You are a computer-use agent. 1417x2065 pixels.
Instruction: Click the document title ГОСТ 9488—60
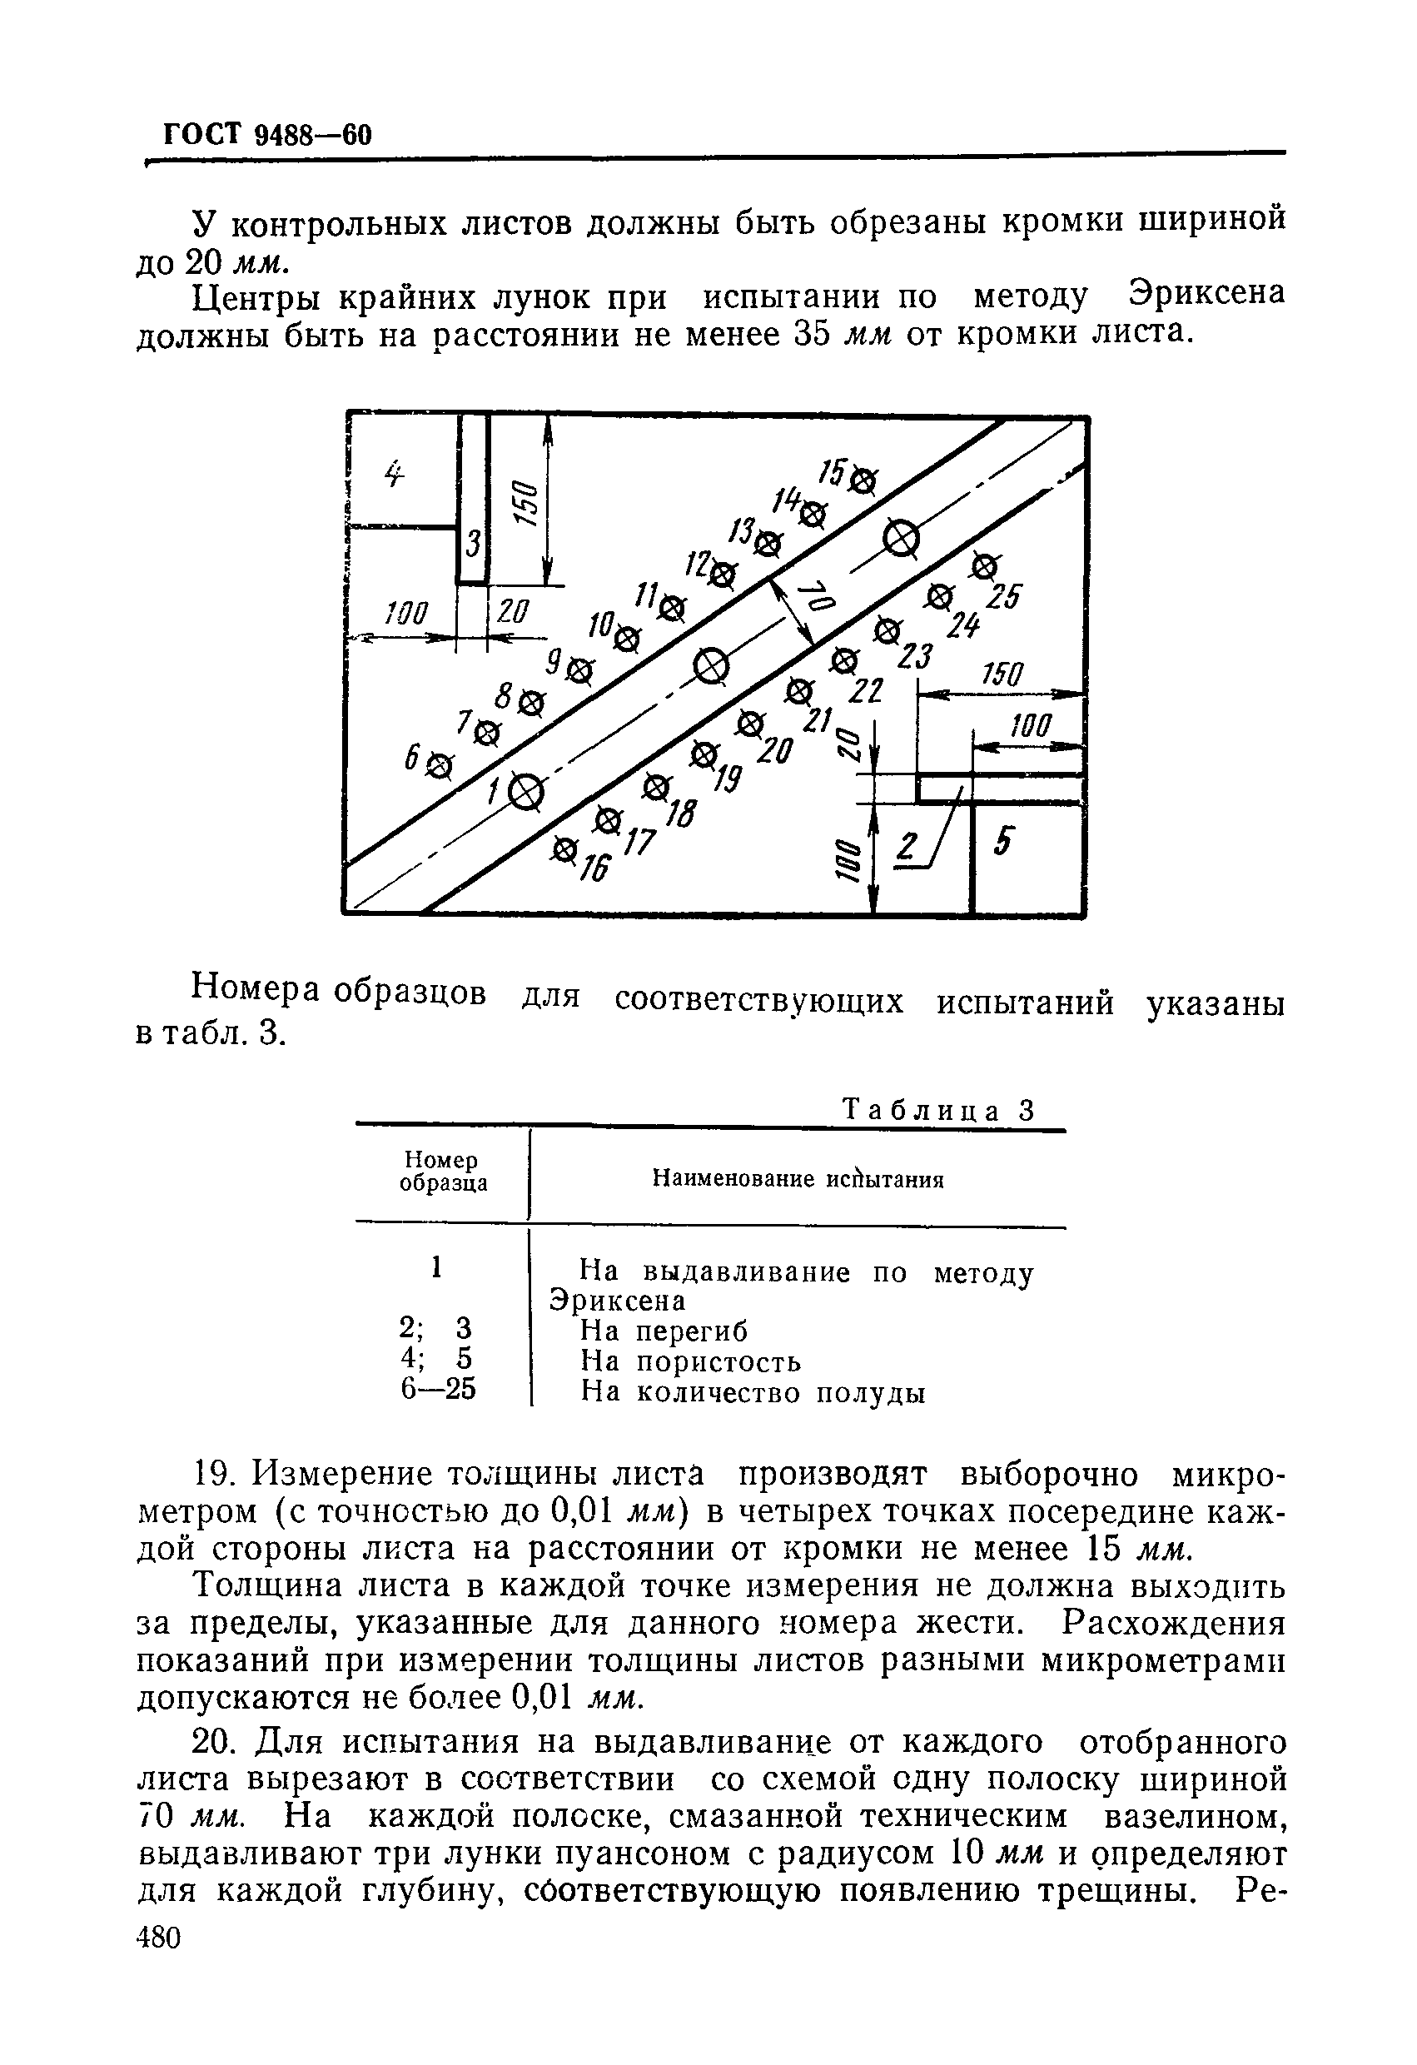267,134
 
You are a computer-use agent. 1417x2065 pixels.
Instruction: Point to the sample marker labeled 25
983,565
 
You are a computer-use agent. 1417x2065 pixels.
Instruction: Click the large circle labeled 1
526,791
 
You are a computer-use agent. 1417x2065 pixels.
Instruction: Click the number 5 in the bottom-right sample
1002,841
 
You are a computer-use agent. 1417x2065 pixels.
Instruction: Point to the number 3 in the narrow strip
474,542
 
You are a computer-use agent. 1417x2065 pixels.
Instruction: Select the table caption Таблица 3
939,1111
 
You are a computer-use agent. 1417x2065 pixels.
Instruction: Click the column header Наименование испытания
797,1180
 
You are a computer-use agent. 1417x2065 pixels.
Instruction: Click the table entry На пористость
690,1361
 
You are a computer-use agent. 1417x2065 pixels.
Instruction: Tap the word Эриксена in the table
619,1301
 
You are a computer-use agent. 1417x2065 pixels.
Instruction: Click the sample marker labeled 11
674,609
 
